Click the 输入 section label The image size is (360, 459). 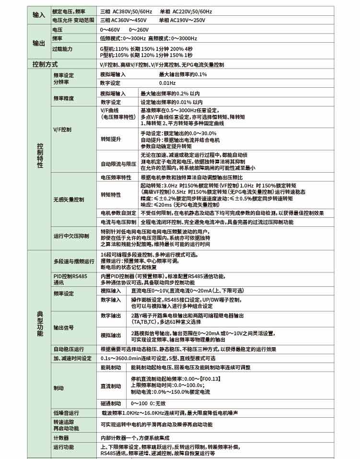(x=38, y=15)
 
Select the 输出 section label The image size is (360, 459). (x=38, y=43)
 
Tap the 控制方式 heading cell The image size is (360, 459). (x=45, y=64)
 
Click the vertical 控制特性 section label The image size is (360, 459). (x=40, y=155)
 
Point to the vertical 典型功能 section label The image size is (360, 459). (x=40, y=323)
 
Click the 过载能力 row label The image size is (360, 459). (x=62, y=49)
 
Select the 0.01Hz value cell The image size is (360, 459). (x=167, y=83)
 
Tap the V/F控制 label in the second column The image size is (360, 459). (x=62, y=129)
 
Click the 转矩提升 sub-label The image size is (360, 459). (x=111, y=139)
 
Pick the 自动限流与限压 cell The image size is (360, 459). (x=118, y=164)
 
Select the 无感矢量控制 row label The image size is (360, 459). (x=69, y=199)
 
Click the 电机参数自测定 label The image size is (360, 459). (x=118, y=212)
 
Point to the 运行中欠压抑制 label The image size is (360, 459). (x=71, y=236)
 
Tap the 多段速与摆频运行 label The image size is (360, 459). (x=74, y=261)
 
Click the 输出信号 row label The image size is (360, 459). (x=63, y=328)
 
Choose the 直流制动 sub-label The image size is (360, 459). (x=111, y=386)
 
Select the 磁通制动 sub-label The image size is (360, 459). (x=111, y=403)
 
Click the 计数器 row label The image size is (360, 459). (x=61, y=438)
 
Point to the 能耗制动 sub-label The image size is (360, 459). (x=111, y=367)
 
